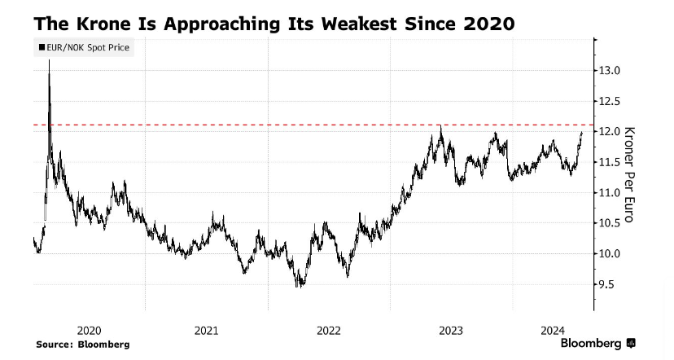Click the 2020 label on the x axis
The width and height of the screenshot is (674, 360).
[x=89, y=331]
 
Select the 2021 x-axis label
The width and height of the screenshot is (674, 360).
[x=206, y=331]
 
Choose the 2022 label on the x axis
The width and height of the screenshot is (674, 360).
[x=329, y=331]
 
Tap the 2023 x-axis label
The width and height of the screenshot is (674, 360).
[x=451, y=331]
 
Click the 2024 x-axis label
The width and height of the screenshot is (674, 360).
[x=553, y=331]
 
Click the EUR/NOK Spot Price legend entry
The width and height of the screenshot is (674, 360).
[x=85, y=47]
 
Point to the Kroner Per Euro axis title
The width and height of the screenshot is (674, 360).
[x=629, y=174]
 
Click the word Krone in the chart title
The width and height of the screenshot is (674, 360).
[x=103, y=24]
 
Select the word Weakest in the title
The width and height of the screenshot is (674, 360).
[x=359, y=24]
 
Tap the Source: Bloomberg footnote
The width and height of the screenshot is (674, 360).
[x=83, y=345]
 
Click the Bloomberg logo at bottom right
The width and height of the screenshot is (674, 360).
[x=598, y=343]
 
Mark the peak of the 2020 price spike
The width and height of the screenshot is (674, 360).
[x=49, y=60]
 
